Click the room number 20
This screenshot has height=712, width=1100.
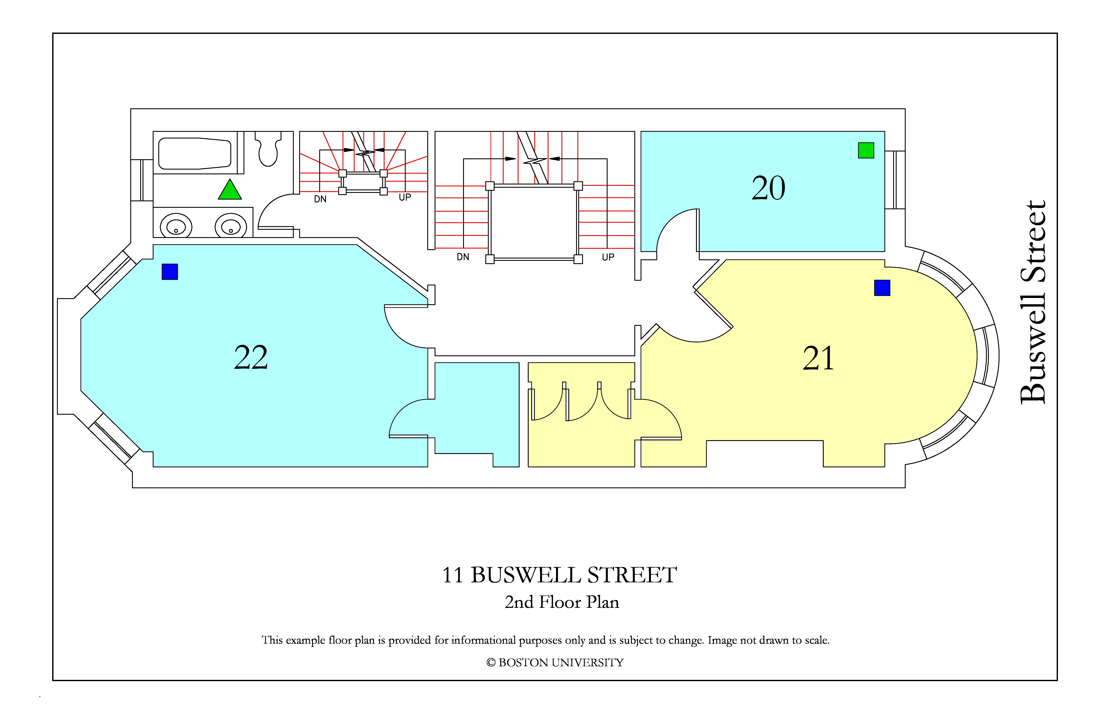pos(768,188)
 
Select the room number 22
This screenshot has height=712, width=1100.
pos(251,357)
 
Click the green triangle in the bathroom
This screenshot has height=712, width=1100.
pos(230,190)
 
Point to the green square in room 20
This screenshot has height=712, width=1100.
pos(866,150)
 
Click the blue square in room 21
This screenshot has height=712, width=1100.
pos(882,288)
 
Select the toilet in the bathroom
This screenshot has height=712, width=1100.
pos(268,148)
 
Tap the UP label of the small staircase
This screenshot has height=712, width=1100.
pos(405,197)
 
